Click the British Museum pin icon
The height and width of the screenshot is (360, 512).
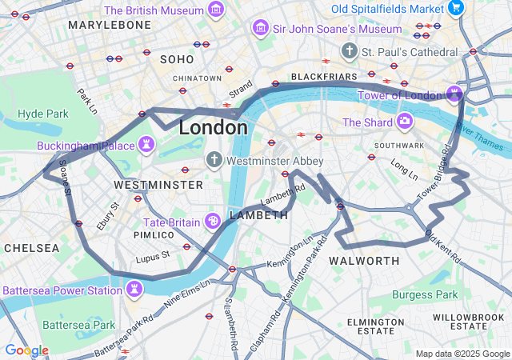[x=215, y=10]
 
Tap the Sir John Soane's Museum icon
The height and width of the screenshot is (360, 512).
[x=260, y=29]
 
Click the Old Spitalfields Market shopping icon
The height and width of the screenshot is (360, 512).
[x=456, y=9]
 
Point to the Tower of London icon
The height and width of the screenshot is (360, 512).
[x=454, y=95]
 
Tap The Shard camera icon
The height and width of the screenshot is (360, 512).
[x=405, y=122]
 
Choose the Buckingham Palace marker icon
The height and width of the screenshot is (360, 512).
[x=146, y=146]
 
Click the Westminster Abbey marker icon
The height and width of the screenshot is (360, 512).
[x=214, y=160]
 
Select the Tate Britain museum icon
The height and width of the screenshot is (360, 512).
[x=214, y=221]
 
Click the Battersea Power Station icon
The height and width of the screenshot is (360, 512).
[x=135, y=289]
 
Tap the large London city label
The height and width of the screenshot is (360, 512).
[x=213, y=127]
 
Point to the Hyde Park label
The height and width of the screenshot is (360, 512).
[x=43, y=114]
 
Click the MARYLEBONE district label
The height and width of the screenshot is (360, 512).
[x=110, y=25]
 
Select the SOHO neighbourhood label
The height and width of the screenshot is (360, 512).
[x=177, y=59]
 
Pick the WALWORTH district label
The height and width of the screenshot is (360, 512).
[x=364, y=261]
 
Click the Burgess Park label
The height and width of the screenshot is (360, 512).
[x=425, y=294]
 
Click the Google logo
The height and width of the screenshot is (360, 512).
[x=26, y=350]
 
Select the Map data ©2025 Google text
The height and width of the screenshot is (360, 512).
[x=462, y=354]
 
